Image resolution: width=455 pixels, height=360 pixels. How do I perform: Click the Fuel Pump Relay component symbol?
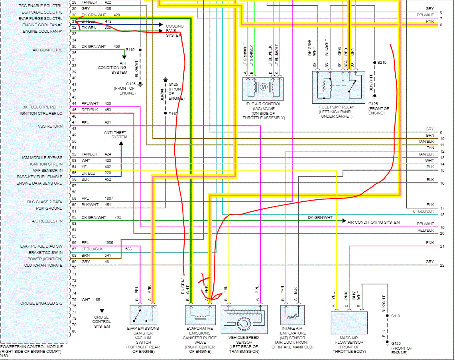click(x=338, y=87)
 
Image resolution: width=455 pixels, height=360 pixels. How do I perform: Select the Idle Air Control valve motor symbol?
click(x=264, y=87)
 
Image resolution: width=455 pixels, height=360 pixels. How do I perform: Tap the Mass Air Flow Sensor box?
click(x=349, y=323)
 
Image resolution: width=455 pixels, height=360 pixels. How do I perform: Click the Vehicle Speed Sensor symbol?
click(x=244, y=319)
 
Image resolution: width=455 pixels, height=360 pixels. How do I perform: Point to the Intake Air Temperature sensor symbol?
click(x=292, y=315)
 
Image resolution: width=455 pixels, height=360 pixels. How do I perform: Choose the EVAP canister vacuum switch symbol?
click(x=143, y=315)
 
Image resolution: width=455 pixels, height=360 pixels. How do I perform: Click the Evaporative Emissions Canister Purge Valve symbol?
click(x=200, y=315)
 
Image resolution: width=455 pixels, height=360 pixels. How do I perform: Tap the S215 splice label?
click(x=382, y=62)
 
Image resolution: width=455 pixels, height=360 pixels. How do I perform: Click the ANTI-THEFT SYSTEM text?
click(x=116, y=135)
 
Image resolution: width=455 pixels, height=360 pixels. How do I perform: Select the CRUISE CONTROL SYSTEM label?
click(x=102, y=322)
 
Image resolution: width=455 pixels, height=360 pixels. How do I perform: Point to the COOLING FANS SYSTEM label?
click(x=174, y=30)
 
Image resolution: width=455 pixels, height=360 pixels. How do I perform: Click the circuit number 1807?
click(x=109, y=199)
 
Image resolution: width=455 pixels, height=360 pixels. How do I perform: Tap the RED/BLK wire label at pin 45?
click(x=90, y=110)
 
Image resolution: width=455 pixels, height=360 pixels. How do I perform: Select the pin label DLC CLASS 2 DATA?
click(x=45, y=202)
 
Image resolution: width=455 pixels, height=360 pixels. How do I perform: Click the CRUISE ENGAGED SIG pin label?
click(x=41, y=303)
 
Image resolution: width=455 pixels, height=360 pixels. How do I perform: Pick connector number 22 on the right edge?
click(x=442, y=265)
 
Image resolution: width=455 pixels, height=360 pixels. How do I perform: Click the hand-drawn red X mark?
click(x=204, y=279)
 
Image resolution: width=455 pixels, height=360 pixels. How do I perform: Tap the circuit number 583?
click(x=128, y=249)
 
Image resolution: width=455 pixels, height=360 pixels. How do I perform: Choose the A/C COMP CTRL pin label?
click(x=47, y=50)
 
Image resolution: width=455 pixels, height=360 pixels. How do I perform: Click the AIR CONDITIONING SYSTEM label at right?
click(x=374, y=222)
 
